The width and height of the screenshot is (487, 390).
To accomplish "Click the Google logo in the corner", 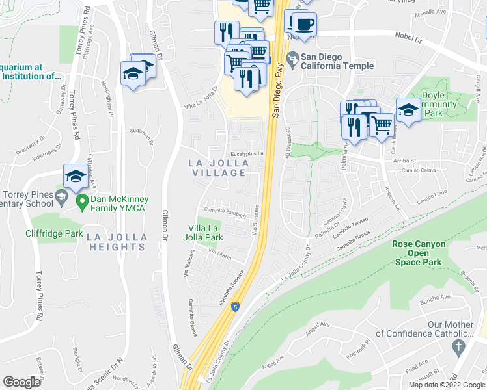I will point(22,382).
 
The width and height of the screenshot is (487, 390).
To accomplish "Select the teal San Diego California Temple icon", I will point(294,61).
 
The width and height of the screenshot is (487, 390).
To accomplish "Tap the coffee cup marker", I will point(303,25).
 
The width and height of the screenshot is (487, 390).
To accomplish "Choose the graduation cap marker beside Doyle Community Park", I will point(408,110).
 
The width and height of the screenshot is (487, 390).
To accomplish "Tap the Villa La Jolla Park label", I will point(206,233).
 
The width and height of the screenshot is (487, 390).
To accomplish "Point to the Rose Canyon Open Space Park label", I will point(419,253).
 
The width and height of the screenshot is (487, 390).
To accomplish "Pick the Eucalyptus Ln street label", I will point(242,153).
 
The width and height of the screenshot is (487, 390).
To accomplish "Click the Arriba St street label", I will point(404,160).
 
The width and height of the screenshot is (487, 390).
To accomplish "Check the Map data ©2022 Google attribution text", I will point(447,385).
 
